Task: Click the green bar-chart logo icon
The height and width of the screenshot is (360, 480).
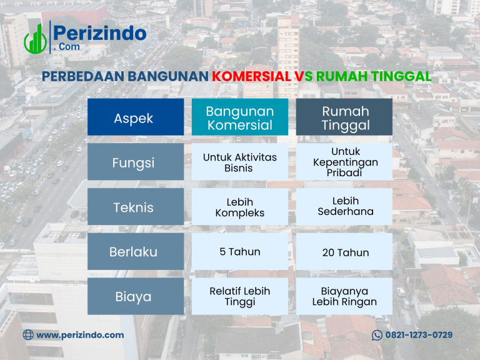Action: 35,39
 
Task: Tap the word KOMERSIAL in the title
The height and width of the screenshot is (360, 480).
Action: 251,76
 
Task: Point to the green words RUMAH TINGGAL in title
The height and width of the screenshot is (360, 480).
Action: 374,76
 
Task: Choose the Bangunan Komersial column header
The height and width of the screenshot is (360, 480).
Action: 240,117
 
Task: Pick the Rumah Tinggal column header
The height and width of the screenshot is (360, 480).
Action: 345,117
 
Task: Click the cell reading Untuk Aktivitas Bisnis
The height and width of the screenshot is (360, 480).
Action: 240,162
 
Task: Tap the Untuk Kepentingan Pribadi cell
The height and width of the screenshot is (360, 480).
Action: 345,162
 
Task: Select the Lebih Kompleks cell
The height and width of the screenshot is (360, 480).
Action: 240,207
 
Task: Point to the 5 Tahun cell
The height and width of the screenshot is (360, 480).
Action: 240,252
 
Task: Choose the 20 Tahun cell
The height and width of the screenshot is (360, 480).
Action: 345,252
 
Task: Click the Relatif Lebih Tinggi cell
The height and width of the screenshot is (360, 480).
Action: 240,296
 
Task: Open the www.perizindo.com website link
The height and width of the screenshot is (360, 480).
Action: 79,335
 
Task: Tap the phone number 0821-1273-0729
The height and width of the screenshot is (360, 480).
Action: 418,335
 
